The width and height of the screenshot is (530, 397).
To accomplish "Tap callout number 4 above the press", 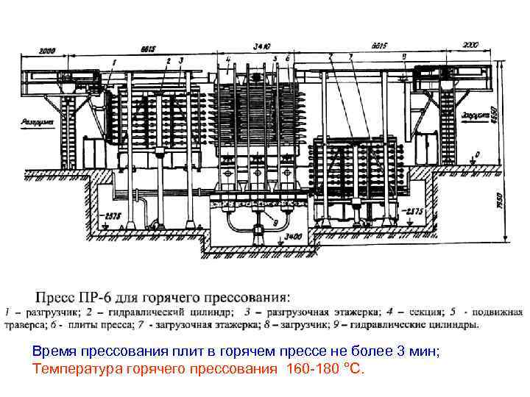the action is (228, 58).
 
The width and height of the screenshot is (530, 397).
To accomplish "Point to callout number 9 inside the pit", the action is (275, 220).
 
